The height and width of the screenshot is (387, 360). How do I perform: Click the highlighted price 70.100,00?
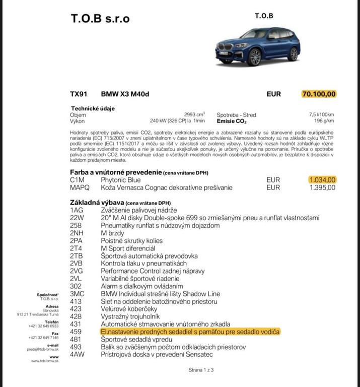click(319, 94)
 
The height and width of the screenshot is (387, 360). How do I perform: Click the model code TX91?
click(79, 94)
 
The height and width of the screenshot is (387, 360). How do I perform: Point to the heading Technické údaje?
click(91, 108)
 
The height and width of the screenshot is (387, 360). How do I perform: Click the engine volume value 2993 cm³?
click(194, 114)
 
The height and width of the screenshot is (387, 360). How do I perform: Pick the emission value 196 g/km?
click(324, 121)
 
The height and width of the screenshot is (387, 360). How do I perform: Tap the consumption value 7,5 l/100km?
click(321, 114)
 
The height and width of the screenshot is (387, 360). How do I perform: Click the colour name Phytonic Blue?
click(121, 179)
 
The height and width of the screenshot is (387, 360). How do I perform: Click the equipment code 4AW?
click(78, 355)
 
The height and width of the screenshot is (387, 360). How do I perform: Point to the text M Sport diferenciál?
click(128, 248)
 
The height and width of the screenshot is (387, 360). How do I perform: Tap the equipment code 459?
click(76, 332)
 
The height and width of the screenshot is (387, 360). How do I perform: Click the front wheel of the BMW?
click(255, 56)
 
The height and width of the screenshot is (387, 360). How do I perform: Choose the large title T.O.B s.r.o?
click(100, 19)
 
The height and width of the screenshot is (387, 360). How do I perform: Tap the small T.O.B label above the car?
click(264, 15)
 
